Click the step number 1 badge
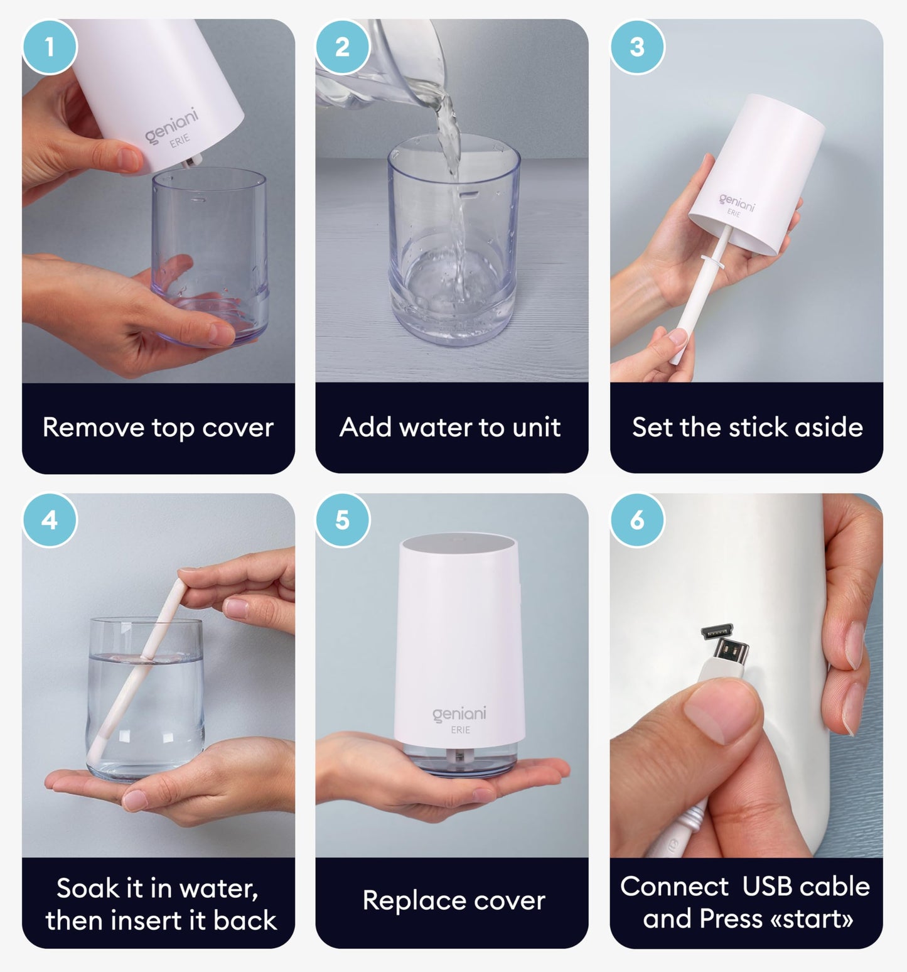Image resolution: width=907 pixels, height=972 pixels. [50, 47]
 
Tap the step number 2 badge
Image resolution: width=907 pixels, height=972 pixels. [343, 47]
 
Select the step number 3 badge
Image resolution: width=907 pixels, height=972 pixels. [637, 47]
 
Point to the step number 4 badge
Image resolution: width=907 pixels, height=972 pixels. [50, 520]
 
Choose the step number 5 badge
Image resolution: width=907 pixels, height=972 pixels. [343, 520]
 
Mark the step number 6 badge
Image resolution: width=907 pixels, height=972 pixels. [637, 520]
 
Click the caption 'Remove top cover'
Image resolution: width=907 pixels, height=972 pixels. [158, 428]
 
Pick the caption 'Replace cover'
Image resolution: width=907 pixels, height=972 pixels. [454, 900]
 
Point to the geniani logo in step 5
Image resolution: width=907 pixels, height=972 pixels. [459, 714]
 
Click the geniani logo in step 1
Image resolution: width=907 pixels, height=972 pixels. [171, 125]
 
